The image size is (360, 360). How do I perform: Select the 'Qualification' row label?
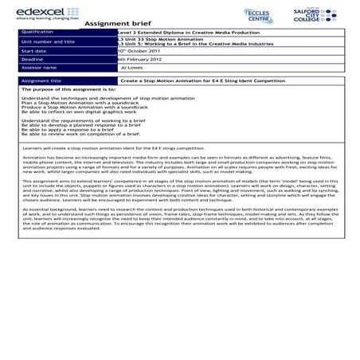coord(40,32)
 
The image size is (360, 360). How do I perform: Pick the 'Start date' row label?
coord(36,49)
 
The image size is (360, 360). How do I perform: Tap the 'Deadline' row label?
coord(34,59)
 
